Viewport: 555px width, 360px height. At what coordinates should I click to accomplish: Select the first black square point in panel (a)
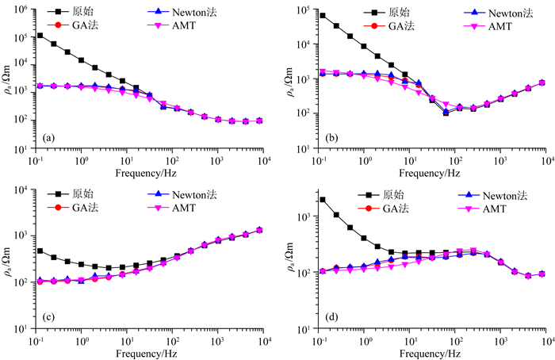coord(40,36)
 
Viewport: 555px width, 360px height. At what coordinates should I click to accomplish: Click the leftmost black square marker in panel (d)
coord(322,200)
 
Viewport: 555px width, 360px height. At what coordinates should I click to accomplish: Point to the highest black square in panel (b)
coord(322,15)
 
